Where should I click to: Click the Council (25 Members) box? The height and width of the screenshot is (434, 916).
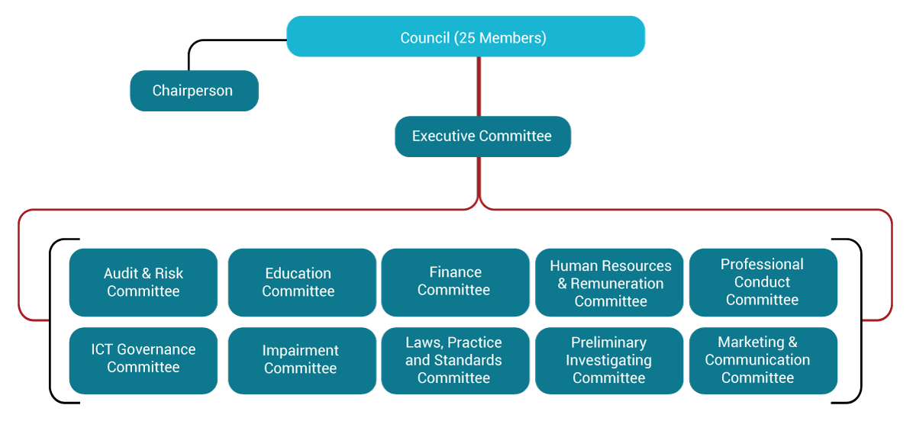coord(466,37)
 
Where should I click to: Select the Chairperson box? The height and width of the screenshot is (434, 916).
coord(194,91)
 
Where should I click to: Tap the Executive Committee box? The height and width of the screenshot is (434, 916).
coord(482,137)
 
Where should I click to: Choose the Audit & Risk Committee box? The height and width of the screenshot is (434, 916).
coord(144,282)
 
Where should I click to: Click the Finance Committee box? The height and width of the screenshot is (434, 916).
coord(455,281)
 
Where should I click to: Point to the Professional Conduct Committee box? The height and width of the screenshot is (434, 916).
coord(763,281)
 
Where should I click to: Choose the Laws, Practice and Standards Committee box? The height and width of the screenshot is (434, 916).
coord(455,360)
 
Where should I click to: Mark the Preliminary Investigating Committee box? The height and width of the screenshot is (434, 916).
coord(609,360)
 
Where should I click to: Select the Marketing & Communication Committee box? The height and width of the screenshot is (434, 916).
coord(763,360)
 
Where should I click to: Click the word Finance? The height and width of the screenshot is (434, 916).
coord(455,272)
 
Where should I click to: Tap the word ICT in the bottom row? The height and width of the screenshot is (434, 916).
coord(103,349)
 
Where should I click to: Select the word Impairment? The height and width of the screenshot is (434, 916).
coord(300,351)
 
